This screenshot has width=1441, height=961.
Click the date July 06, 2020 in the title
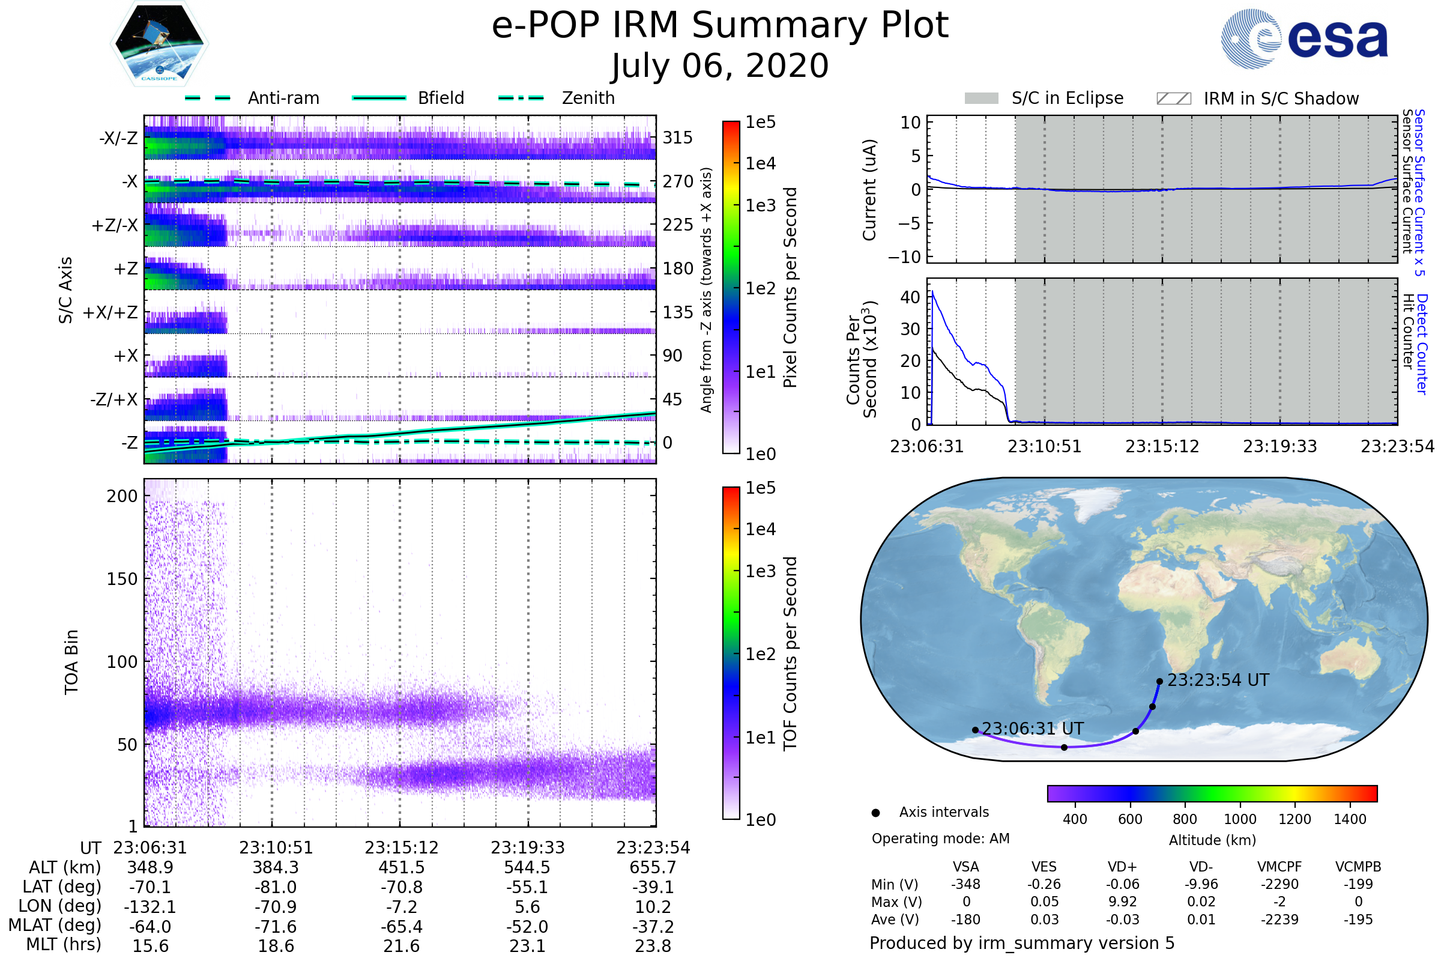click(x=720, y=66)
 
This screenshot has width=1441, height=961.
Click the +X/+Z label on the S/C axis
click(x=110, y=312)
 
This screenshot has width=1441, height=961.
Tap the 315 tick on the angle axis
click(x=677, y=138)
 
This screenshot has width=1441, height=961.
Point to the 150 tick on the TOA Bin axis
click(x=122, y=579)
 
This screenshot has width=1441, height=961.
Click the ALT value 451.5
click(x=401, y=867)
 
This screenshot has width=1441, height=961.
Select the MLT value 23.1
click(x=527, y=945)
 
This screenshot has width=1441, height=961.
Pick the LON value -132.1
click(x=150, y=906)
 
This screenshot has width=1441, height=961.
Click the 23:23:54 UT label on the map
click(x=1218, y=681)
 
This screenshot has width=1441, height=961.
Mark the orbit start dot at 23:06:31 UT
click(x=974, y=730)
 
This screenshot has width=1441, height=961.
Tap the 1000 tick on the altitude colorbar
click(x=1239, y=819)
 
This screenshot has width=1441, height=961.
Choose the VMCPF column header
click(x=1279, y=867)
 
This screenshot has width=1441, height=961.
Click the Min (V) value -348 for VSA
click(x=965, y=884)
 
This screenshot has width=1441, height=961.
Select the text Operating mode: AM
click(x=940, y=838)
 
